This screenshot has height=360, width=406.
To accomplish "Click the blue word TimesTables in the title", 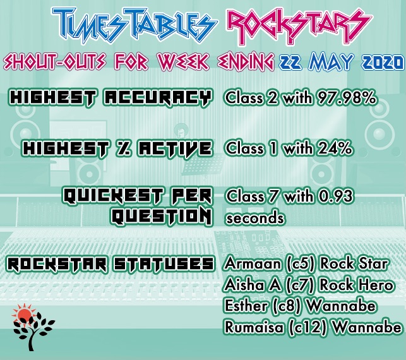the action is pos(134,25).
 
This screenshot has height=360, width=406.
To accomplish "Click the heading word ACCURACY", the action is pos(158,98).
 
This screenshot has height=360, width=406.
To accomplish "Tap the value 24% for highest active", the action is pos(335,148).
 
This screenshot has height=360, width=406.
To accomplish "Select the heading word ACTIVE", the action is pos(175,148).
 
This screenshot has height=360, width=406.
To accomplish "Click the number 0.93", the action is pos(335,196).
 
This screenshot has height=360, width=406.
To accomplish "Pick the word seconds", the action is pos(255,218).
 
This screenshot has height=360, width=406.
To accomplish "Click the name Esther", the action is pos(246,306).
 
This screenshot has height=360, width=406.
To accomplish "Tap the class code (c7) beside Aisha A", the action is pos(300,285).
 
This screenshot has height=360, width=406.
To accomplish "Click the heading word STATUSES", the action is pos(164,264).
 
